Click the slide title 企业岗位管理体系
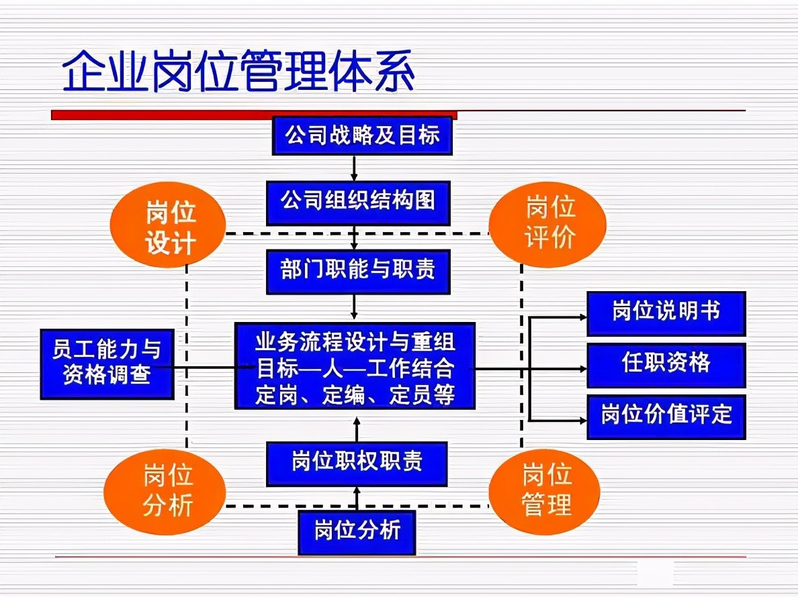(238, 72)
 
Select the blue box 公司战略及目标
(362, 135)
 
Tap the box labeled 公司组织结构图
(358, 202)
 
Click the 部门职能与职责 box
(358, 272)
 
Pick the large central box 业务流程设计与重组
(355, 366)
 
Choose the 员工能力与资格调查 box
(107, 364)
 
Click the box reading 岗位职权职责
(357, 464)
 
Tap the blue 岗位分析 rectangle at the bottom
(357, 532)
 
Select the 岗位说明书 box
(666, 313)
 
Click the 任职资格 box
(666, 365)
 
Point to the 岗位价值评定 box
(666, 417)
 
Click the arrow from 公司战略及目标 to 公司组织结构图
(355, 168)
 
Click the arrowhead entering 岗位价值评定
(582, 421)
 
